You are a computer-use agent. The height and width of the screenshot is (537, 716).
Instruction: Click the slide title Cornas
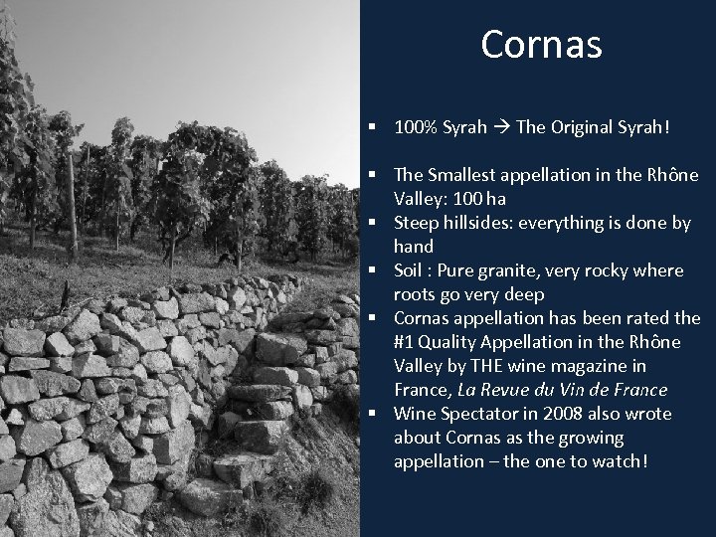541,44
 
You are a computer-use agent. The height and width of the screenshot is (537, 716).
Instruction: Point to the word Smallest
462,175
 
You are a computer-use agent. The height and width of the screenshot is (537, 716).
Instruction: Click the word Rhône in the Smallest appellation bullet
676,175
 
